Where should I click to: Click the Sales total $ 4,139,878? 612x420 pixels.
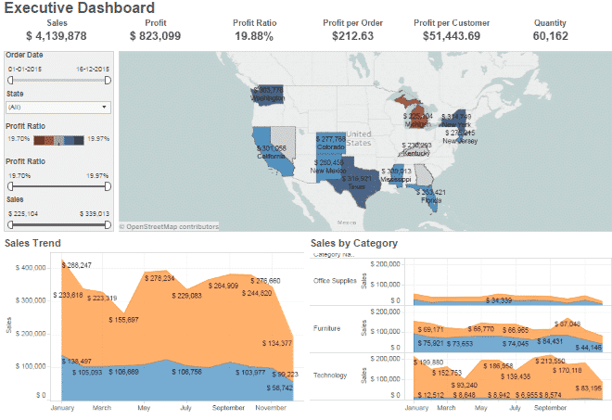coord(57,36)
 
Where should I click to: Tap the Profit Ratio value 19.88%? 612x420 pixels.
coord(254,36)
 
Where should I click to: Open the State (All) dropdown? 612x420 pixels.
coord(58,107)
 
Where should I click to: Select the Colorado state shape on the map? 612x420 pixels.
coord(331,143)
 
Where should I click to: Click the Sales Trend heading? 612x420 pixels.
coord(32,243)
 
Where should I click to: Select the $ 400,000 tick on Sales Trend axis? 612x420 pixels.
coord(33,268)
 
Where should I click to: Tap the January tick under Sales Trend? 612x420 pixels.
coord(61,407)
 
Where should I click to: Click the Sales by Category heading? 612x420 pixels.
coord(354,243)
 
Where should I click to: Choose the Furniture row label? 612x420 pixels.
coord(328,328)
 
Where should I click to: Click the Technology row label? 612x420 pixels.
coord(331,375)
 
